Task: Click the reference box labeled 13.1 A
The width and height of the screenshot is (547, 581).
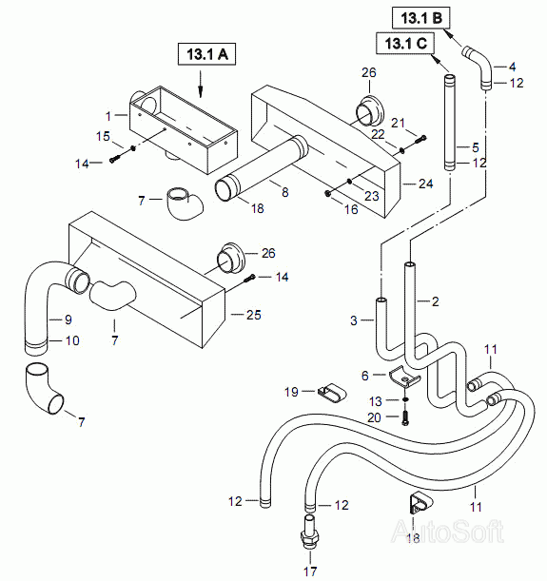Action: tap(206, 54)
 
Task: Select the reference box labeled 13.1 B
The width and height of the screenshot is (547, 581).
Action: tap(421, 18)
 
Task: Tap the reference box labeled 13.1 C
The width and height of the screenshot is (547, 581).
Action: tap(406, 44)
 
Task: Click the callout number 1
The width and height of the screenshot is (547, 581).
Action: tap(108, 116)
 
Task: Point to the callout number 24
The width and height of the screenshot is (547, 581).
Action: tap(426, 184)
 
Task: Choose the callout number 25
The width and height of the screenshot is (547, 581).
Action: tap(254, 315)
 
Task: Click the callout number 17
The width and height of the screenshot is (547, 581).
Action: tap(310, 571)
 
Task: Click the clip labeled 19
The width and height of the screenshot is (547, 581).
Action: tap(332, 393)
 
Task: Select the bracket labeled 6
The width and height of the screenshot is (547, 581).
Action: tap(404, 377)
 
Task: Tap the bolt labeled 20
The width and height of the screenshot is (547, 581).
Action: tap(404, 417)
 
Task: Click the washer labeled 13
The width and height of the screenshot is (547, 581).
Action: tap(405, 399)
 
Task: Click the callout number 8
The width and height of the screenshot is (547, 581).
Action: tap(284, 192)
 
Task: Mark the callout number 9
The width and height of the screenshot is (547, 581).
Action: tap(68, 320)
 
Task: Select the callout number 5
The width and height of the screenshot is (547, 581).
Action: tap(476, 147)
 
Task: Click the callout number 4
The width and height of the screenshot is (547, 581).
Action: tap(512, 67)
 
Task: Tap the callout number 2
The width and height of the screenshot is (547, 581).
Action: tap(435, 301)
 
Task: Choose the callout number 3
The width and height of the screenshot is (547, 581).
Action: tap(354, 320)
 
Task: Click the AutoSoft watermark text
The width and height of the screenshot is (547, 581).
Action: tap(448, 531)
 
